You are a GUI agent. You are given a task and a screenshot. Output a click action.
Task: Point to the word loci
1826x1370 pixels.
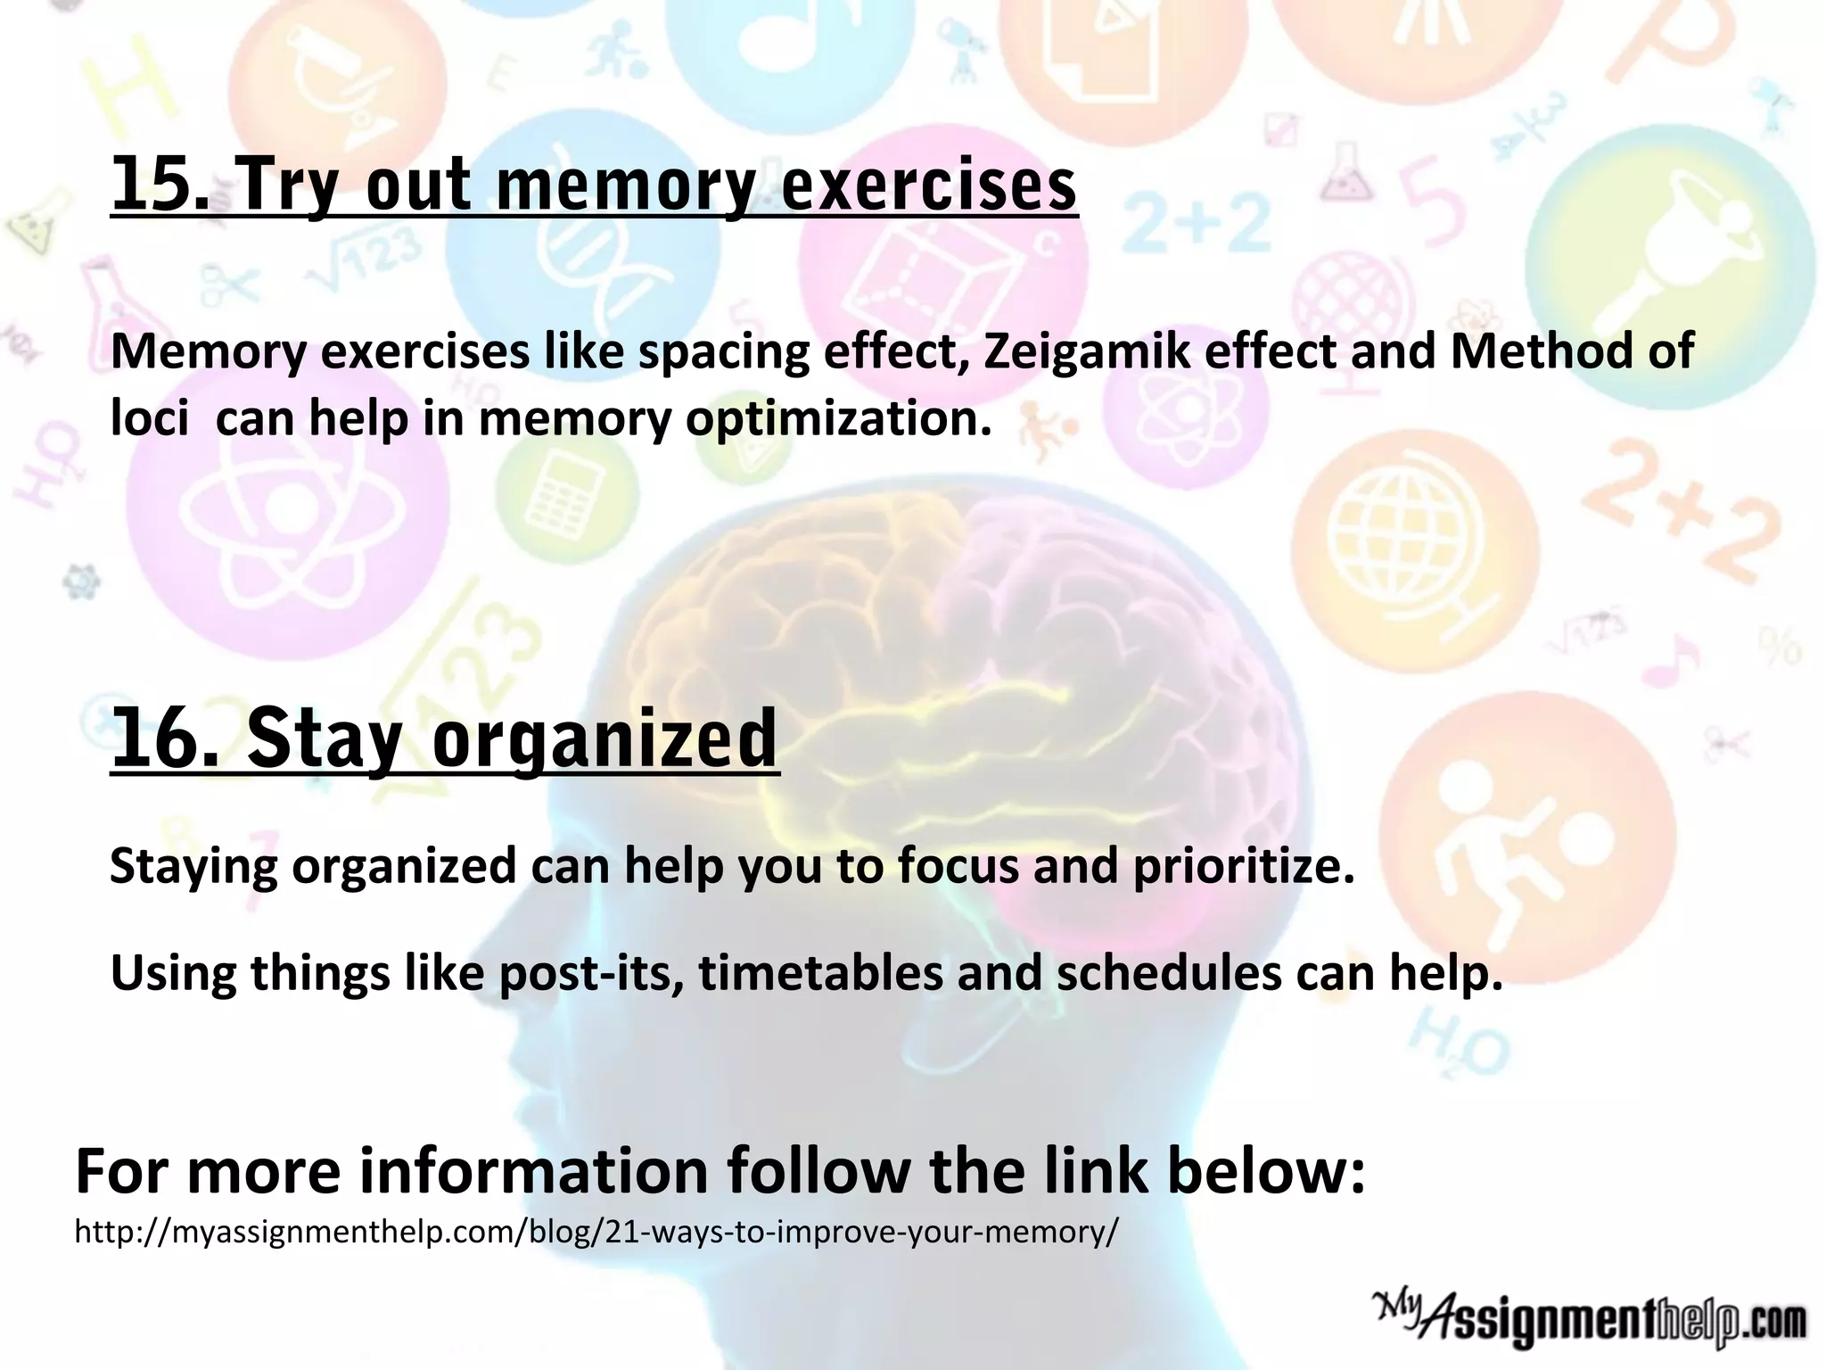tap(149, 417)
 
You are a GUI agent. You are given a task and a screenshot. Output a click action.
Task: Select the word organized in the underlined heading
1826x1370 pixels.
tap(605, 741)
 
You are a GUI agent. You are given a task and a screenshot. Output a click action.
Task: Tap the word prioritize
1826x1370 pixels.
tap(1243, 866)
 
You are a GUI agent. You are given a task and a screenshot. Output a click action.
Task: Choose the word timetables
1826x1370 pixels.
tap(820, 973)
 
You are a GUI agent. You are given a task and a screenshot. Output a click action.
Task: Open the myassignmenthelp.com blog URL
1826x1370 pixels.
tap(596, 1232)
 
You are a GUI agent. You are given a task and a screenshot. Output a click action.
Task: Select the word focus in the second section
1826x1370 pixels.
tap(958, 866)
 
